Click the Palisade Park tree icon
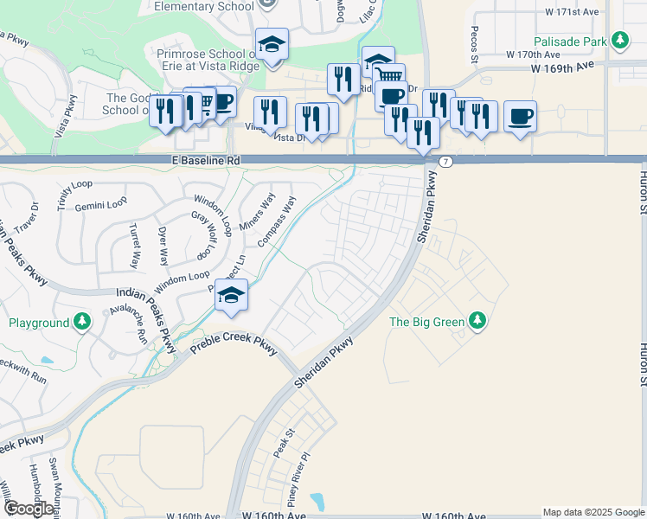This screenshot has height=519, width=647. tap(619, 40)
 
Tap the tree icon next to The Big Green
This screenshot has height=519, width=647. tap(477, 322)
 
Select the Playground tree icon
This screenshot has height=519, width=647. tap(81, 323)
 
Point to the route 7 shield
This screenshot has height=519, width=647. tap(445, 162)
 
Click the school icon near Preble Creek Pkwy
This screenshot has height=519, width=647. tap(232, 295)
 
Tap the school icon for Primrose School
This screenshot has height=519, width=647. tap(272, 45)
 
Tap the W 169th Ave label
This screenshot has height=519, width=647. tap(562, 66)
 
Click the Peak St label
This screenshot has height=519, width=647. tap(284, 442)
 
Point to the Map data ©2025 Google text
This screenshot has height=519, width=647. tap(593, 512)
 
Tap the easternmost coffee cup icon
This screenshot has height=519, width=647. tap(520, 117)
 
